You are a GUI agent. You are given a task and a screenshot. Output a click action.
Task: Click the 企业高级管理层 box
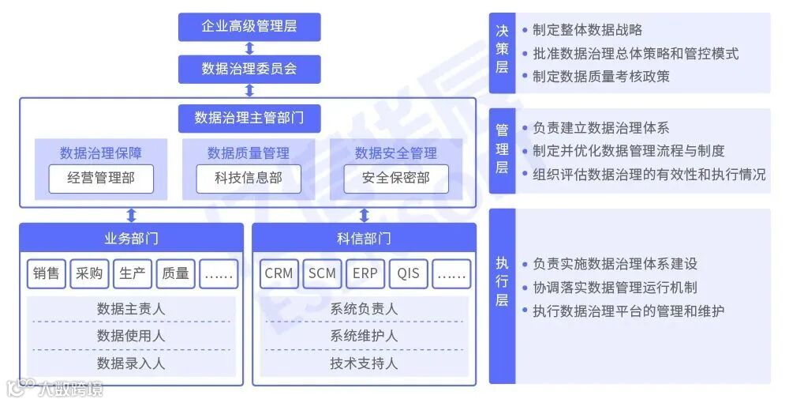pos(249,27)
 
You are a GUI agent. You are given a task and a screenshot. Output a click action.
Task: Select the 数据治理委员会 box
pos(249,69)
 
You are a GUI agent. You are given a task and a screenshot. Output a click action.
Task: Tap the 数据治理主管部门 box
pos(249,118)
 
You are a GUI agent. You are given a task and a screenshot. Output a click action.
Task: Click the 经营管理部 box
pos(101,179)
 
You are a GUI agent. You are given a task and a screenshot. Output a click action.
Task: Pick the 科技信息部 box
pos(249,179)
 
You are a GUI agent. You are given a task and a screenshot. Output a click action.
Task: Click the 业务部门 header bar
pos(131,238)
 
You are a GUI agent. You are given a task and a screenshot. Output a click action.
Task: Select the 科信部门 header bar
pos(364,238)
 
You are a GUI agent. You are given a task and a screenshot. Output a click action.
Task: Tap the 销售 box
pos(47,273)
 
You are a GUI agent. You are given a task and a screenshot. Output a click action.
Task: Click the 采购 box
pos(89,273)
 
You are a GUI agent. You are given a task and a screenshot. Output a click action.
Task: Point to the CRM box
pos(279,273)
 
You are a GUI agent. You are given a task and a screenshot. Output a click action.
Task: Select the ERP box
pos(365,273)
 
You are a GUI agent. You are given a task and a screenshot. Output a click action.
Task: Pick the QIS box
pos(409,273)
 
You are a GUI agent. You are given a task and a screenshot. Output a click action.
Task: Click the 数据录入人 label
pos(131,363)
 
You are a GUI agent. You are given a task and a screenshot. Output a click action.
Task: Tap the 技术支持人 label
pos(364,363)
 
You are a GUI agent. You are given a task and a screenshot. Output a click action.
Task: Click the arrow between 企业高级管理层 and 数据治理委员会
pos(249,47)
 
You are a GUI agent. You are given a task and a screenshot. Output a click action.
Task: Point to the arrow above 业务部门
pos(131,215)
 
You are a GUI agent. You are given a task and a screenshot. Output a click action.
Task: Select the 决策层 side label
pos(502,49)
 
